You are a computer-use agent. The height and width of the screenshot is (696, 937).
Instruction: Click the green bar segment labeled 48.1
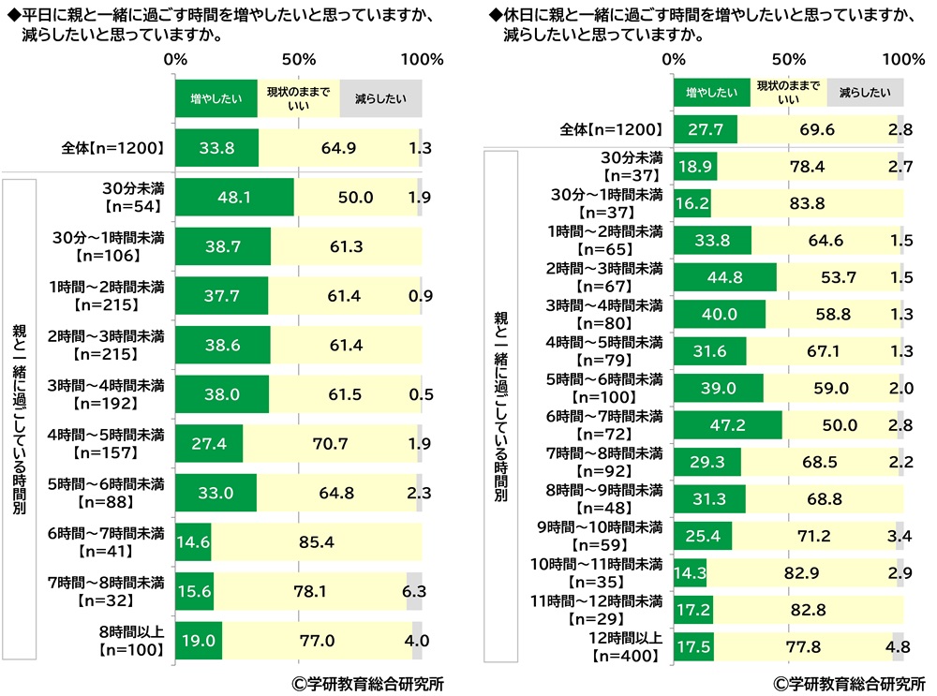234,197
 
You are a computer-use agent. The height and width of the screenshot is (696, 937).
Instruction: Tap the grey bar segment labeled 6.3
414,591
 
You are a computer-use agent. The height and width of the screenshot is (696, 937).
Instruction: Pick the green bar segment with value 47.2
728,424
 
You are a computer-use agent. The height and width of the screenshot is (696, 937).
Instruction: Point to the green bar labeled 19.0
199,641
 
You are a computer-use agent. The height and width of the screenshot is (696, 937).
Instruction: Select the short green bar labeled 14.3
692,570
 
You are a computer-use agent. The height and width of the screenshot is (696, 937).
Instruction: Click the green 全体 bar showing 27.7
705,129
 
